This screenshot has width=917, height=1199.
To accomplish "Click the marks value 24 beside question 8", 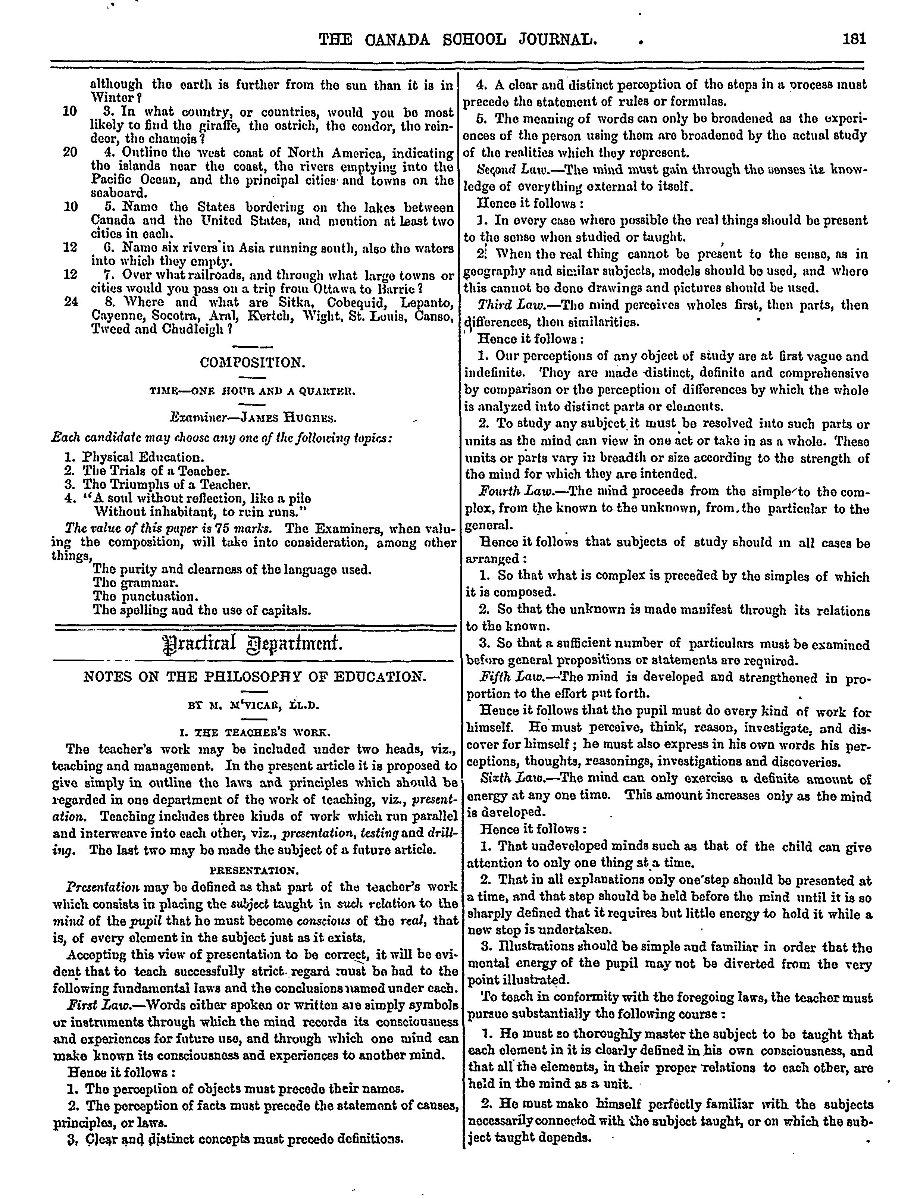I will click(x=71, y=302).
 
